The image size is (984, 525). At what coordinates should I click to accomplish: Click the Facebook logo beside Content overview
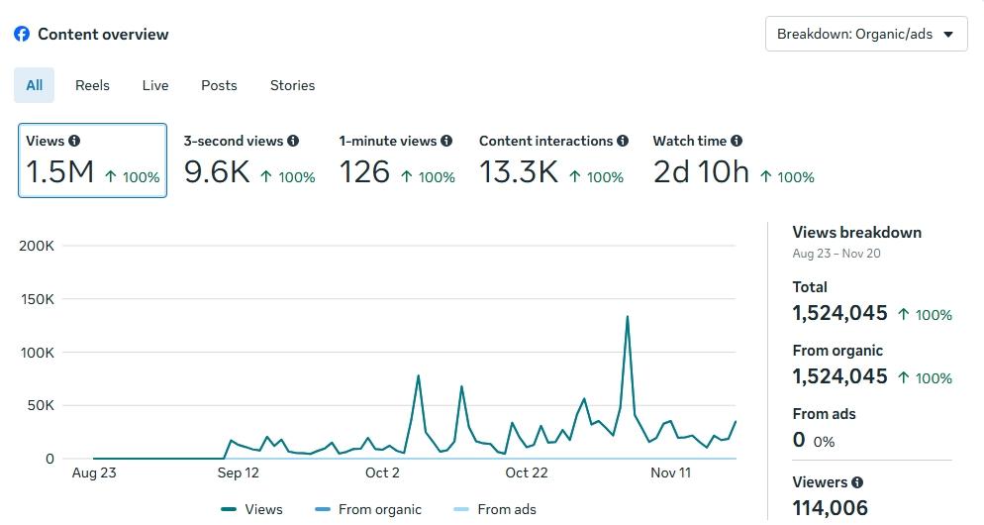(22, 34)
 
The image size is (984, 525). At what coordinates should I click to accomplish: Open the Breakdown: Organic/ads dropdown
(866, 34)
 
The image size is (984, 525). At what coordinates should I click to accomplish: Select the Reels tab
(92, 85)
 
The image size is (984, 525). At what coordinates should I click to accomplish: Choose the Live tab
(155, 85)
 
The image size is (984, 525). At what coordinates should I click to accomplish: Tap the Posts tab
(219, 85)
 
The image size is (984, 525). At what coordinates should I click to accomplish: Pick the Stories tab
(292, 85)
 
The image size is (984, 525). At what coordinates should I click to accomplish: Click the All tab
(34, 85)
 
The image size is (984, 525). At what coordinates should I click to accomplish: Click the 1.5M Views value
(59, 172)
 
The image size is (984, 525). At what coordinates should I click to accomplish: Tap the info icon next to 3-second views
(293, 141)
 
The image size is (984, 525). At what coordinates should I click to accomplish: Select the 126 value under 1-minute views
(364, 172)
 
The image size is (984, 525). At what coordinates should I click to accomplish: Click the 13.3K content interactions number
(519, 172)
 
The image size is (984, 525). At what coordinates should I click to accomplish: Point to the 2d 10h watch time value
(701, 172)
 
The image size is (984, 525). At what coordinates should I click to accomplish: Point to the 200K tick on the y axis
(37, 246)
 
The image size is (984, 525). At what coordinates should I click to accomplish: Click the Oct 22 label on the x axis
(526, 472)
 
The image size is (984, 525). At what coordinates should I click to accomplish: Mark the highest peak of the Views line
(627, 317)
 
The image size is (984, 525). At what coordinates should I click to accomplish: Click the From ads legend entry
(506, 509)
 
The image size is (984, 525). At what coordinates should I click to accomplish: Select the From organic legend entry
(379, 509)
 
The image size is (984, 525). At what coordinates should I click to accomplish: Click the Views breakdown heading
(856, 233)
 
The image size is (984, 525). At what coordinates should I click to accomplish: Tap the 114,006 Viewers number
(830, 508)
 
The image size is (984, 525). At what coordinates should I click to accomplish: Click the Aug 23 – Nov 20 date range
(836, 254)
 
